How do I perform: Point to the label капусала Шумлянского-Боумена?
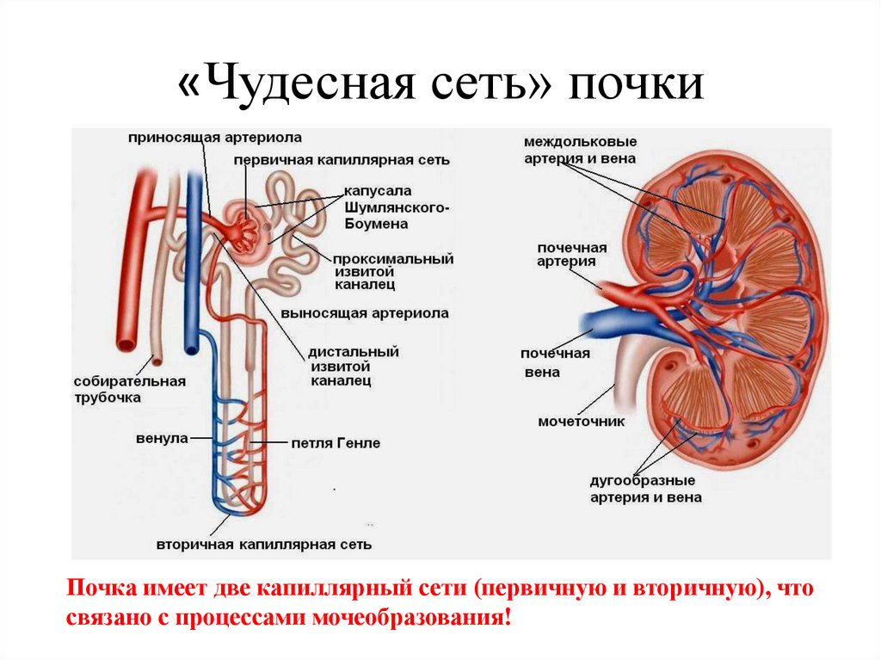pyautogui.click(x=390, y=207)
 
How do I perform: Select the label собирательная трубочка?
pyautogui.click(x=117, y=389)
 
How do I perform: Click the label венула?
pyautogui.click(x=162, y=438)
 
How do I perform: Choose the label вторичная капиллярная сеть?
pyautogui.click(x=264, y=545)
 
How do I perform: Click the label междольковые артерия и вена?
pyautogui.click(x=581, y=150)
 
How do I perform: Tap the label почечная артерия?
pyautogui.click(x=572, y=255)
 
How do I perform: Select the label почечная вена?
pyautogui.click(x=554, y=363)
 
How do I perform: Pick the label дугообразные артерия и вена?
pyautogui.click(x=645, y=489)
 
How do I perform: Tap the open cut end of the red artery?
pyautogui.click(x=127, y=344)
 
